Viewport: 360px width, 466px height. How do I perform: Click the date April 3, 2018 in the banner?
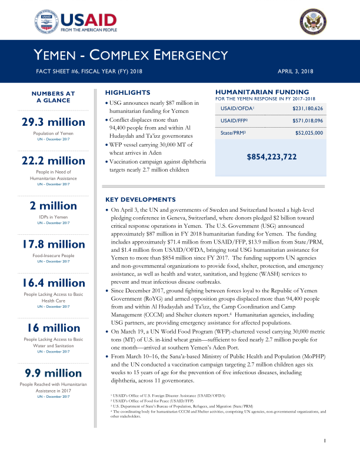296,71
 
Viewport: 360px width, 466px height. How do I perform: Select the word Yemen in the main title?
54,55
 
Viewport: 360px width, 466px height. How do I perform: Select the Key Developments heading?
139,199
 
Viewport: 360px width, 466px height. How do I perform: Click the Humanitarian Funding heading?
262,92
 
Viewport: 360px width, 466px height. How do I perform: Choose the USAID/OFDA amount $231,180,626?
308,109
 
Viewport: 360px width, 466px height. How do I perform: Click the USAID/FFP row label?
234,121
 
